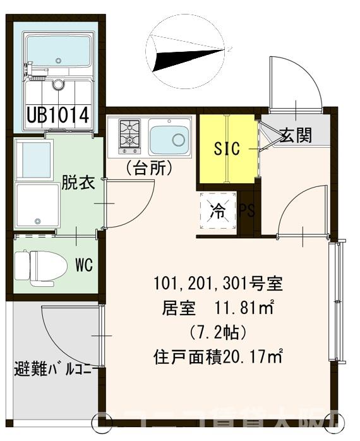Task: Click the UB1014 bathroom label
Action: [57, 116]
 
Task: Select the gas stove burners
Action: [129, 136]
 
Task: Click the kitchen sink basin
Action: [169, 139]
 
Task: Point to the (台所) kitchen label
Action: [149, 169]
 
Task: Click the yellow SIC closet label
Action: [227, 149]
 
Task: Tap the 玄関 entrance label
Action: [295, 134]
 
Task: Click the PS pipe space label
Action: [246, 211]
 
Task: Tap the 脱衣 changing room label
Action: [78, 183]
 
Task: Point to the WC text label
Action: [83, 265]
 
